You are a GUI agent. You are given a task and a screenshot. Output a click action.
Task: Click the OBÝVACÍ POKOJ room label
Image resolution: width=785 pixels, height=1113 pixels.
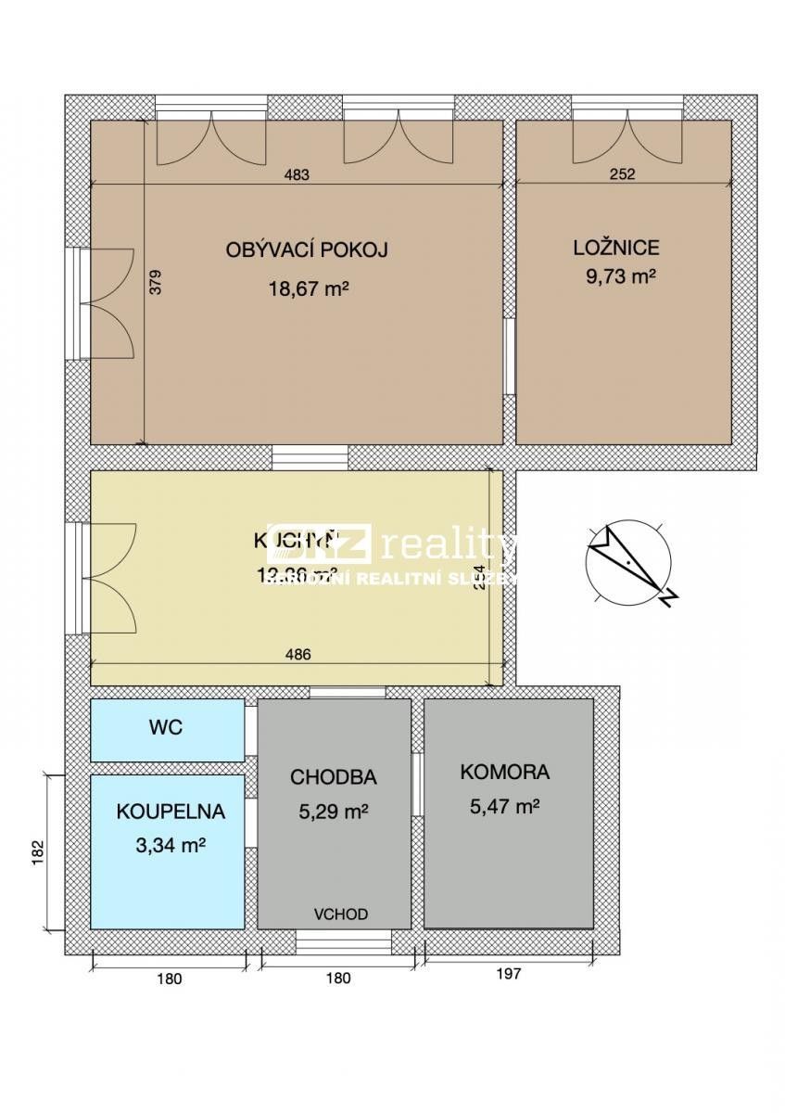pyautogui.click(x=306, y=249)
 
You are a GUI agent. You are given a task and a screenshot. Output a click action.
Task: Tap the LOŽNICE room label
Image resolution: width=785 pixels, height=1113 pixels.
pyautogui.click(x=615, y=248)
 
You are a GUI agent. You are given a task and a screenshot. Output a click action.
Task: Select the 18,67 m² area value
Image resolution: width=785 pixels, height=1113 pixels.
pyautogui.click(x=308, y=288)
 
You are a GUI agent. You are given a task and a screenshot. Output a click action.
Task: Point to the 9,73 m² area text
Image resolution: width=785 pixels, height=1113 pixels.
pyautogui.click(x=615, y=276)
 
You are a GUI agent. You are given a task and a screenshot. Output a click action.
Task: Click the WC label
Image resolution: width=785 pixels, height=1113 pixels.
pyautogui.click(x=166, y=728)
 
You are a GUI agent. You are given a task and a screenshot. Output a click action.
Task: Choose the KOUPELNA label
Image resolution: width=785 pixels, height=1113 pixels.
pyautogui.click(x=171, y=812)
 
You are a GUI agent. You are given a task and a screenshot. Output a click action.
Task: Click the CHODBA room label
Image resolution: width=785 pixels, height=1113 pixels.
pyautogui.click(x=333, y=777)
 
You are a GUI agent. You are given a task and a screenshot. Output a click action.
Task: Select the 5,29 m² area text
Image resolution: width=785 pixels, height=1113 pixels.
pyautogui.click(x=334, y=812)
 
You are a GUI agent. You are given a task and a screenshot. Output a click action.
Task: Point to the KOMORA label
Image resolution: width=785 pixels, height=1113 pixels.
pyautogui.click(x=504, y=772)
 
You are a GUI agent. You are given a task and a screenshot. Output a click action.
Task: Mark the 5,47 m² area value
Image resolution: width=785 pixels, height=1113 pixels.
pyautogui.click(x=505, y=807)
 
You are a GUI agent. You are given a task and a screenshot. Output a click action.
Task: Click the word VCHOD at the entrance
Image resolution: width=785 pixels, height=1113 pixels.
pyautogui.click(x=340, y=915)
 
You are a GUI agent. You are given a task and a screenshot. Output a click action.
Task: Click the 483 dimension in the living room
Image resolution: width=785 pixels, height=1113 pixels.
pyautogui.click(x=296, y=174)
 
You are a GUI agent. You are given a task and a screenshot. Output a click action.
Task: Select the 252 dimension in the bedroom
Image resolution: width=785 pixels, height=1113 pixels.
pyautogui.click(x=623, y=174)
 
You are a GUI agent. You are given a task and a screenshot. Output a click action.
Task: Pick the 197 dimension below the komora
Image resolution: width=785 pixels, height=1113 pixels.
pyautogui.click(x=509, y=974)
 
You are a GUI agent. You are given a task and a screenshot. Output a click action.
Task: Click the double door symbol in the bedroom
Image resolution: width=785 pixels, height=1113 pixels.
pyautogui.click(x=627, y=137)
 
